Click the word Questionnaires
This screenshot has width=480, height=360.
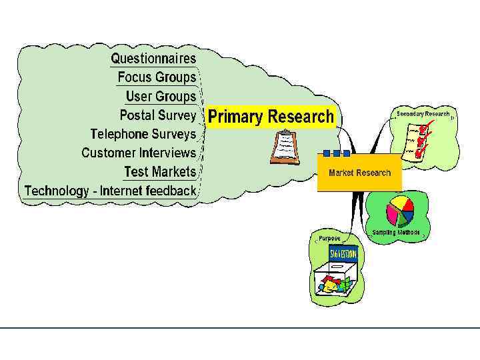click(x=153, y=59)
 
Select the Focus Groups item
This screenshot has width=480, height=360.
click(x=157, y=77)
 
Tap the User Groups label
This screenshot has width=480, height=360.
click(x=161, y=97)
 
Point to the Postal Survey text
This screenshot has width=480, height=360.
click(x=158, y=115)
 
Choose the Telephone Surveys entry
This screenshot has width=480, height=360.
click(x=143, y=134)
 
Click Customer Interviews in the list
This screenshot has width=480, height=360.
click(x=139, y=153)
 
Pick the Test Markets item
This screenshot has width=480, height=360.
click(x=160, y=171)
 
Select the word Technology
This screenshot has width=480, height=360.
click(x=56, y=191)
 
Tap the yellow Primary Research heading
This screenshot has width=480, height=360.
click(x=271, y=117)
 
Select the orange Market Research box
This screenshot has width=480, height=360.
click(x=359, y=173)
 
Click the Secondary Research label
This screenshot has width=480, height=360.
click(x=423, y=114)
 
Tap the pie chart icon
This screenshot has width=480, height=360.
click(x=400, y=211)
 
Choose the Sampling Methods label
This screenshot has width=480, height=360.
click(x=396, y=233)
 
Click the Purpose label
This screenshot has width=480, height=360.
click(x=329, y=238)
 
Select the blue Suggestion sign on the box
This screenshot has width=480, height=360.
click(x=343, y=254)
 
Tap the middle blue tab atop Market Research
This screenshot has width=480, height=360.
click(x=337, y=153)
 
